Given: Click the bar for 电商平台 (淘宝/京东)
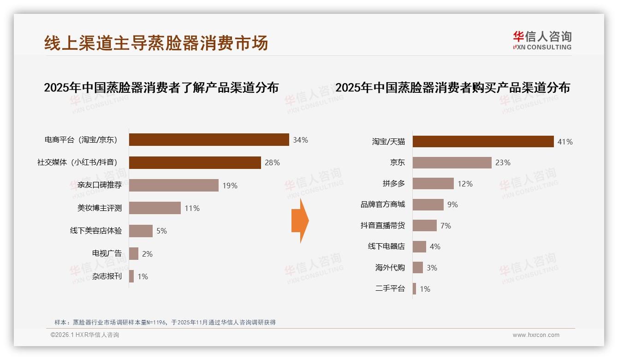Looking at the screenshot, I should click(x=208, y=139).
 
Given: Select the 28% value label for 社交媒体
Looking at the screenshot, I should click(x=272, y=162).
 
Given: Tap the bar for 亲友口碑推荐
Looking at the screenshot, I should click(x=173, y=186).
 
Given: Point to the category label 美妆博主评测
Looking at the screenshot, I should click(x=100, y=208).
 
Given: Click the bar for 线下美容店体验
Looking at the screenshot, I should click(x=141, y=231).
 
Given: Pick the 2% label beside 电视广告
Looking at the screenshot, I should click(x=147, y=254).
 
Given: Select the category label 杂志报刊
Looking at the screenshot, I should click(x=107, y=276).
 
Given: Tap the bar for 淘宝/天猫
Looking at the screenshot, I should click(x=483, y=142).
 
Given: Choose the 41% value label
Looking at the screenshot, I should click(x=565, y=142).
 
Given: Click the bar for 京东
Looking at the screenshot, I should click(x=452, y=162).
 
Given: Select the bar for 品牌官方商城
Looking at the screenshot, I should click(x=428, y=204).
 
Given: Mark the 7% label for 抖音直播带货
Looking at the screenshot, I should click(x=446, y=226).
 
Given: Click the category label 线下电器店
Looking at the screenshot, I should click(x=386, y=246).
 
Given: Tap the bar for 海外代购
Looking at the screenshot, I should click(x=418, y=268).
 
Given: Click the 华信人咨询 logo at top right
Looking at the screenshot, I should click(x=542, y=40).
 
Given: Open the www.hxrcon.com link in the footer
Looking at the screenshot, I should click(x=536, y=335).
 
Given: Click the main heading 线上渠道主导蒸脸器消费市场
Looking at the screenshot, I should click(x=156, y=43).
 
